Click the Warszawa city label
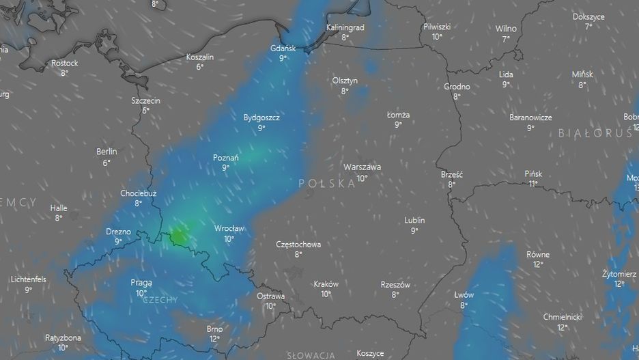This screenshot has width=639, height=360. (x=362, y=167)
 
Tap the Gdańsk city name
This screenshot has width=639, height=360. (x=283, y=48)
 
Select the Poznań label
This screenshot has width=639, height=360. (x=225, y=158)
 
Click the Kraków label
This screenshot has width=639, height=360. (x=326, y=284)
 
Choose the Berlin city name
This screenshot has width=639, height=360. (x=106, y=152)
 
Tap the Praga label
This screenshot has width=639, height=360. (x=141, y=283)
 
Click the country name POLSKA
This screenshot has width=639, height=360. (x=328, y=184)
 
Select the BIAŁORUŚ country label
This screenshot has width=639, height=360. (x=595, y=133)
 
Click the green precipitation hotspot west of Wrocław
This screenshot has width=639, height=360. (x=178, y=235)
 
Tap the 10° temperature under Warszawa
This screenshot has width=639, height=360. (x=362, y=178)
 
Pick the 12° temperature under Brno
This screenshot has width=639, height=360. (x=214, y=339)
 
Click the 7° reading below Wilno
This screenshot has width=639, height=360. (x=506, y=40)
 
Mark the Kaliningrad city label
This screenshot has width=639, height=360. (x=345, y=27)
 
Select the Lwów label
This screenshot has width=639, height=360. (x=464, y=295)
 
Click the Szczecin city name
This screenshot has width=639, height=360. (x=145, y=100)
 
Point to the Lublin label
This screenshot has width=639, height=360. (x=414, y=220)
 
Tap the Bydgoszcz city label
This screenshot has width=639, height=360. (x=261, y=117)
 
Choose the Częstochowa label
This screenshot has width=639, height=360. (x=298, y=244)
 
